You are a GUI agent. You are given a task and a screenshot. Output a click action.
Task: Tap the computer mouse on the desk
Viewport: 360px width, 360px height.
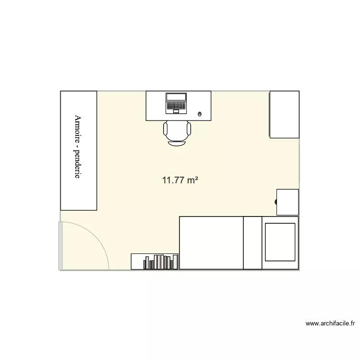200,114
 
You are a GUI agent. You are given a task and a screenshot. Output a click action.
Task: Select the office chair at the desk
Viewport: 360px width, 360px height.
177,132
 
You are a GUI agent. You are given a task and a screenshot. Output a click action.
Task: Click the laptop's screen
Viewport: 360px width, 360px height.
176,97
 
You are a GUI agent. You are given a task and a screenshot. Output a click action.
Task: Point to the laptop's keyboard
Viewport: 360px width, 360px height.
176,106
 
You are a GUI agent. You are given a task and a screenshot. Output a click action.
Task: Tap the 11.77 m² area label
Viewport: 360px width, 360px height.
180,180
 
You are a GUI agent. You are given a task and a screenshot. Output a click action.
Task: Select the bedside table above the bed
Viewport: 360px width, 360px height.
288,202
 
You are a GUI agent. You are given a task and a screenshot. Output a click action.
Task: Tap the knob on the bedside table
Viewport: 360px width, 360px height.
277,202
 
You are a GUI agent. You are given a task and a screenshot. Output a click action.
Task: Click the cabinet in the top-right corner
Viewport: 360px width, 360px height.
284,114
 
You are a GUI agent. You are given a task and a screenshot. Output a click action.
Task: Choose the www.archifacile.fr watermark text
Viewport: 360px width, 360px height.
329,324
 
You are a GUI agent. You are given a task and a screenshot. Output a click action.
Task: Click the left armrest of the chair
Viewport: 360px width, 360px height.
166,129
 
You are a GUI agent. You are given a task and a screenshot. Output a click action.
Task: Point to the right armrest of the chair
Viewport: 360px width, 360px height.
189,129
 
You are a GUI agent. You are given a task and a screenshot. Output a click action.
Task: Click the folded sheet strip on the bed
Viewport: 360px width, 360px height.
252,242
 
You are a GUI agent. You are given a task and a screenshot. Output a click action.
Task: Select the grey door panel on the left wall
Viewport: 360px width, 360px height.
60,246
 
